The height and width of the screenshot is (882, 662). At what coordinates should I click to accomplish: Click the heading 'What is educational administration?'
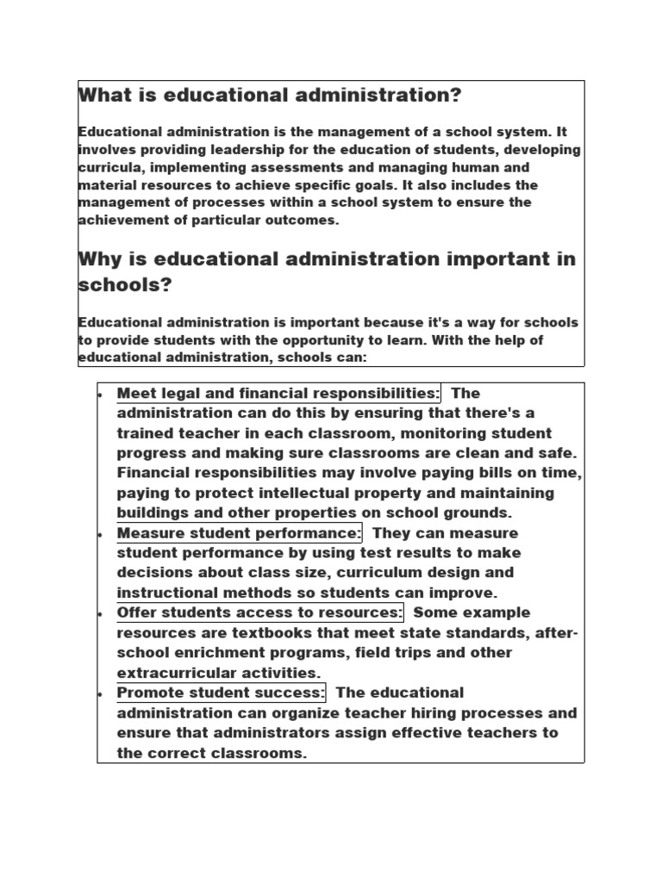(x=270, y=96)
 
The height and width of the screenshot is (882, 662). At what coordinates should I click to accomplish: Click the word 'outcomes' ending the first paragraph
(x=303, y=220)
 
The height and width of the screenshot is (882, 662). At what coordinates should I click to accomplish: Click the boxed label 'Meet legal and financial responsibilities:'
(x=278, y=394)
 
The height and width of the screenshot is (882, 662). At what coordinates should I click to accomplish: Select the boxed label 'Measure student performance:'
(x=240, y=533)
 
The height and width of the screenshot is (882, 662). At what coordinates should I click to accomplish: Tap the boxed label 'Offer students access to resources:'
(x=259, y=612)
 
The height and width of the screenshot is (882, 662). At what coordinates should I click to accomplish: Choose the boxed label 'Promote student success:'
(x=221, y=693)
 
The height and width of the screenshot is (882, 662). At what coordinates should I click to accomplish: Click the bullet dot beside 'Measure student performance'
(x=101, y=534)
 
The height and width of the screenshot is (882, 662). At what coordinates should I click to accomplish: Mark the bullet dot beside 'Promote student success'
(x=101, y=693)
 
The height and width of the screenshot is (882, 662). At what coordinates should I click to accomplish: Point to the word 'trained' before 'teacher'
(x=147, y=433)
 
